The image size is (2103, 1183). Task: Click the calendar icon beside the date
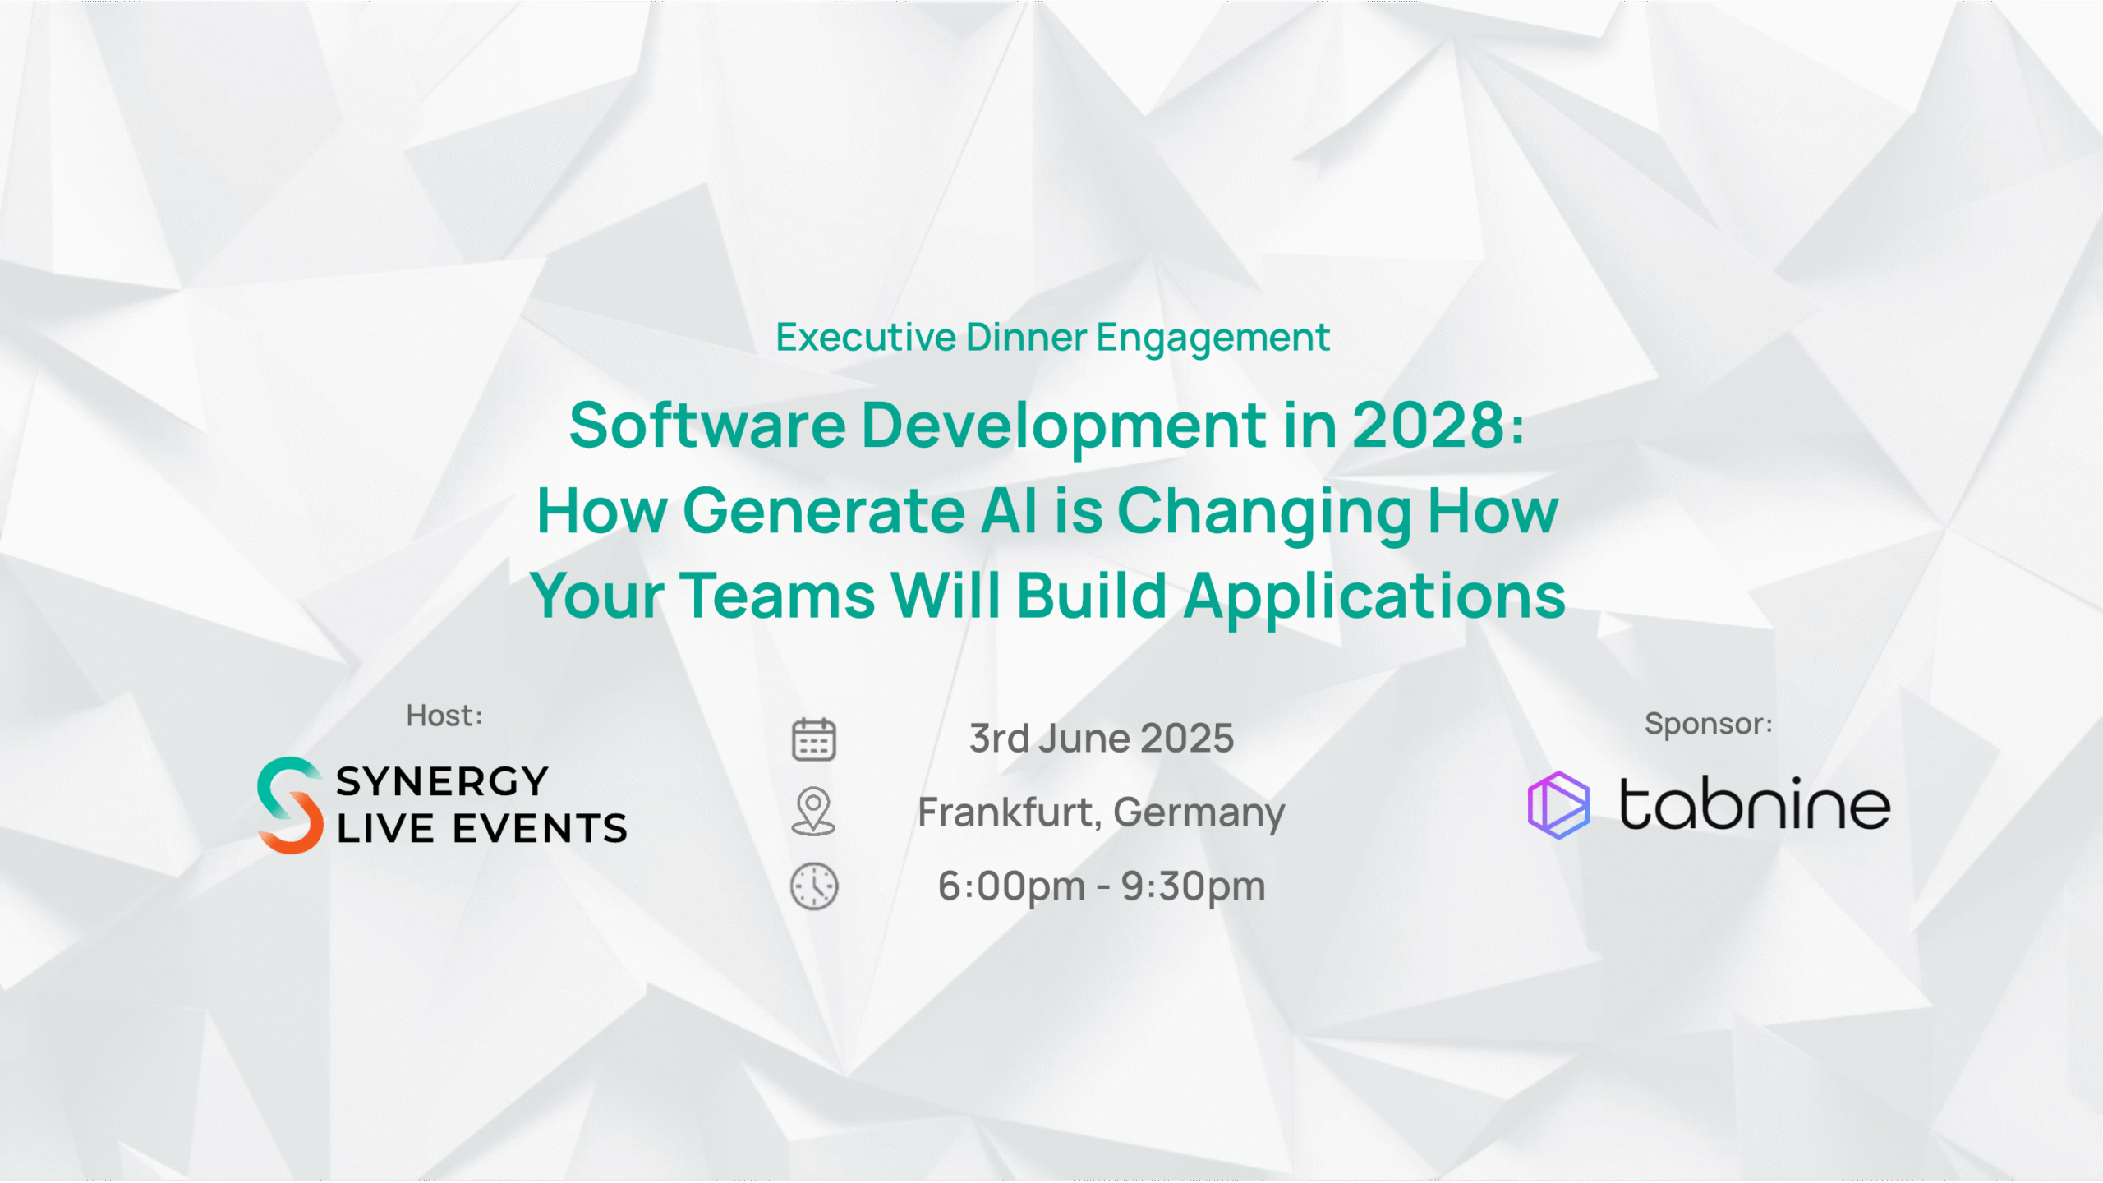(813, 739)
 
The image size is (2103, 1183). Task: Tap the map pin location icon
(813, 811)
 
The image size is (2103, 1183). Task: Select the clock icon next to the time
(814, 886)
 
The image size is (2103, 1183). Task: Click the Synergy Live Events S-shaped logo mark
(290, 805)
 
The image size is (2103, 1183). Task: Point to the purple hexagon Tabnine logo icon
(1558, 805)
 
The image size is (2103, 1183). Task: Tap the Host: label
(444, 716)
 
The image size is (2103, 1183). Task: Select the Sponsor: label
(1709, 724)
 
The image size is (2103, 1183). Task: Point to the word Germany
(1199, 813)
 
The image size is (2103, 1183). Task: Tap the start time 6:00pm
(1012, 886)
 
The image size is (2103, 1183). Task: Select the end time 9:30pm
(1194, 886)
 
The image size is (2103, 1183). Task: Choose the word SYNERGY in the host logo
(442, 781)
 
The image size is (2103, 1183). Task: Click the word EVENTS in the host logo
(541, 828)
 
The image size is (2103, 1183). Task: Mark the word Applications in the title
(1374, 596)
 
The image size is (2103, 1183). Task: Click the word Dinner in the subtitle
(1027, 337)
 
